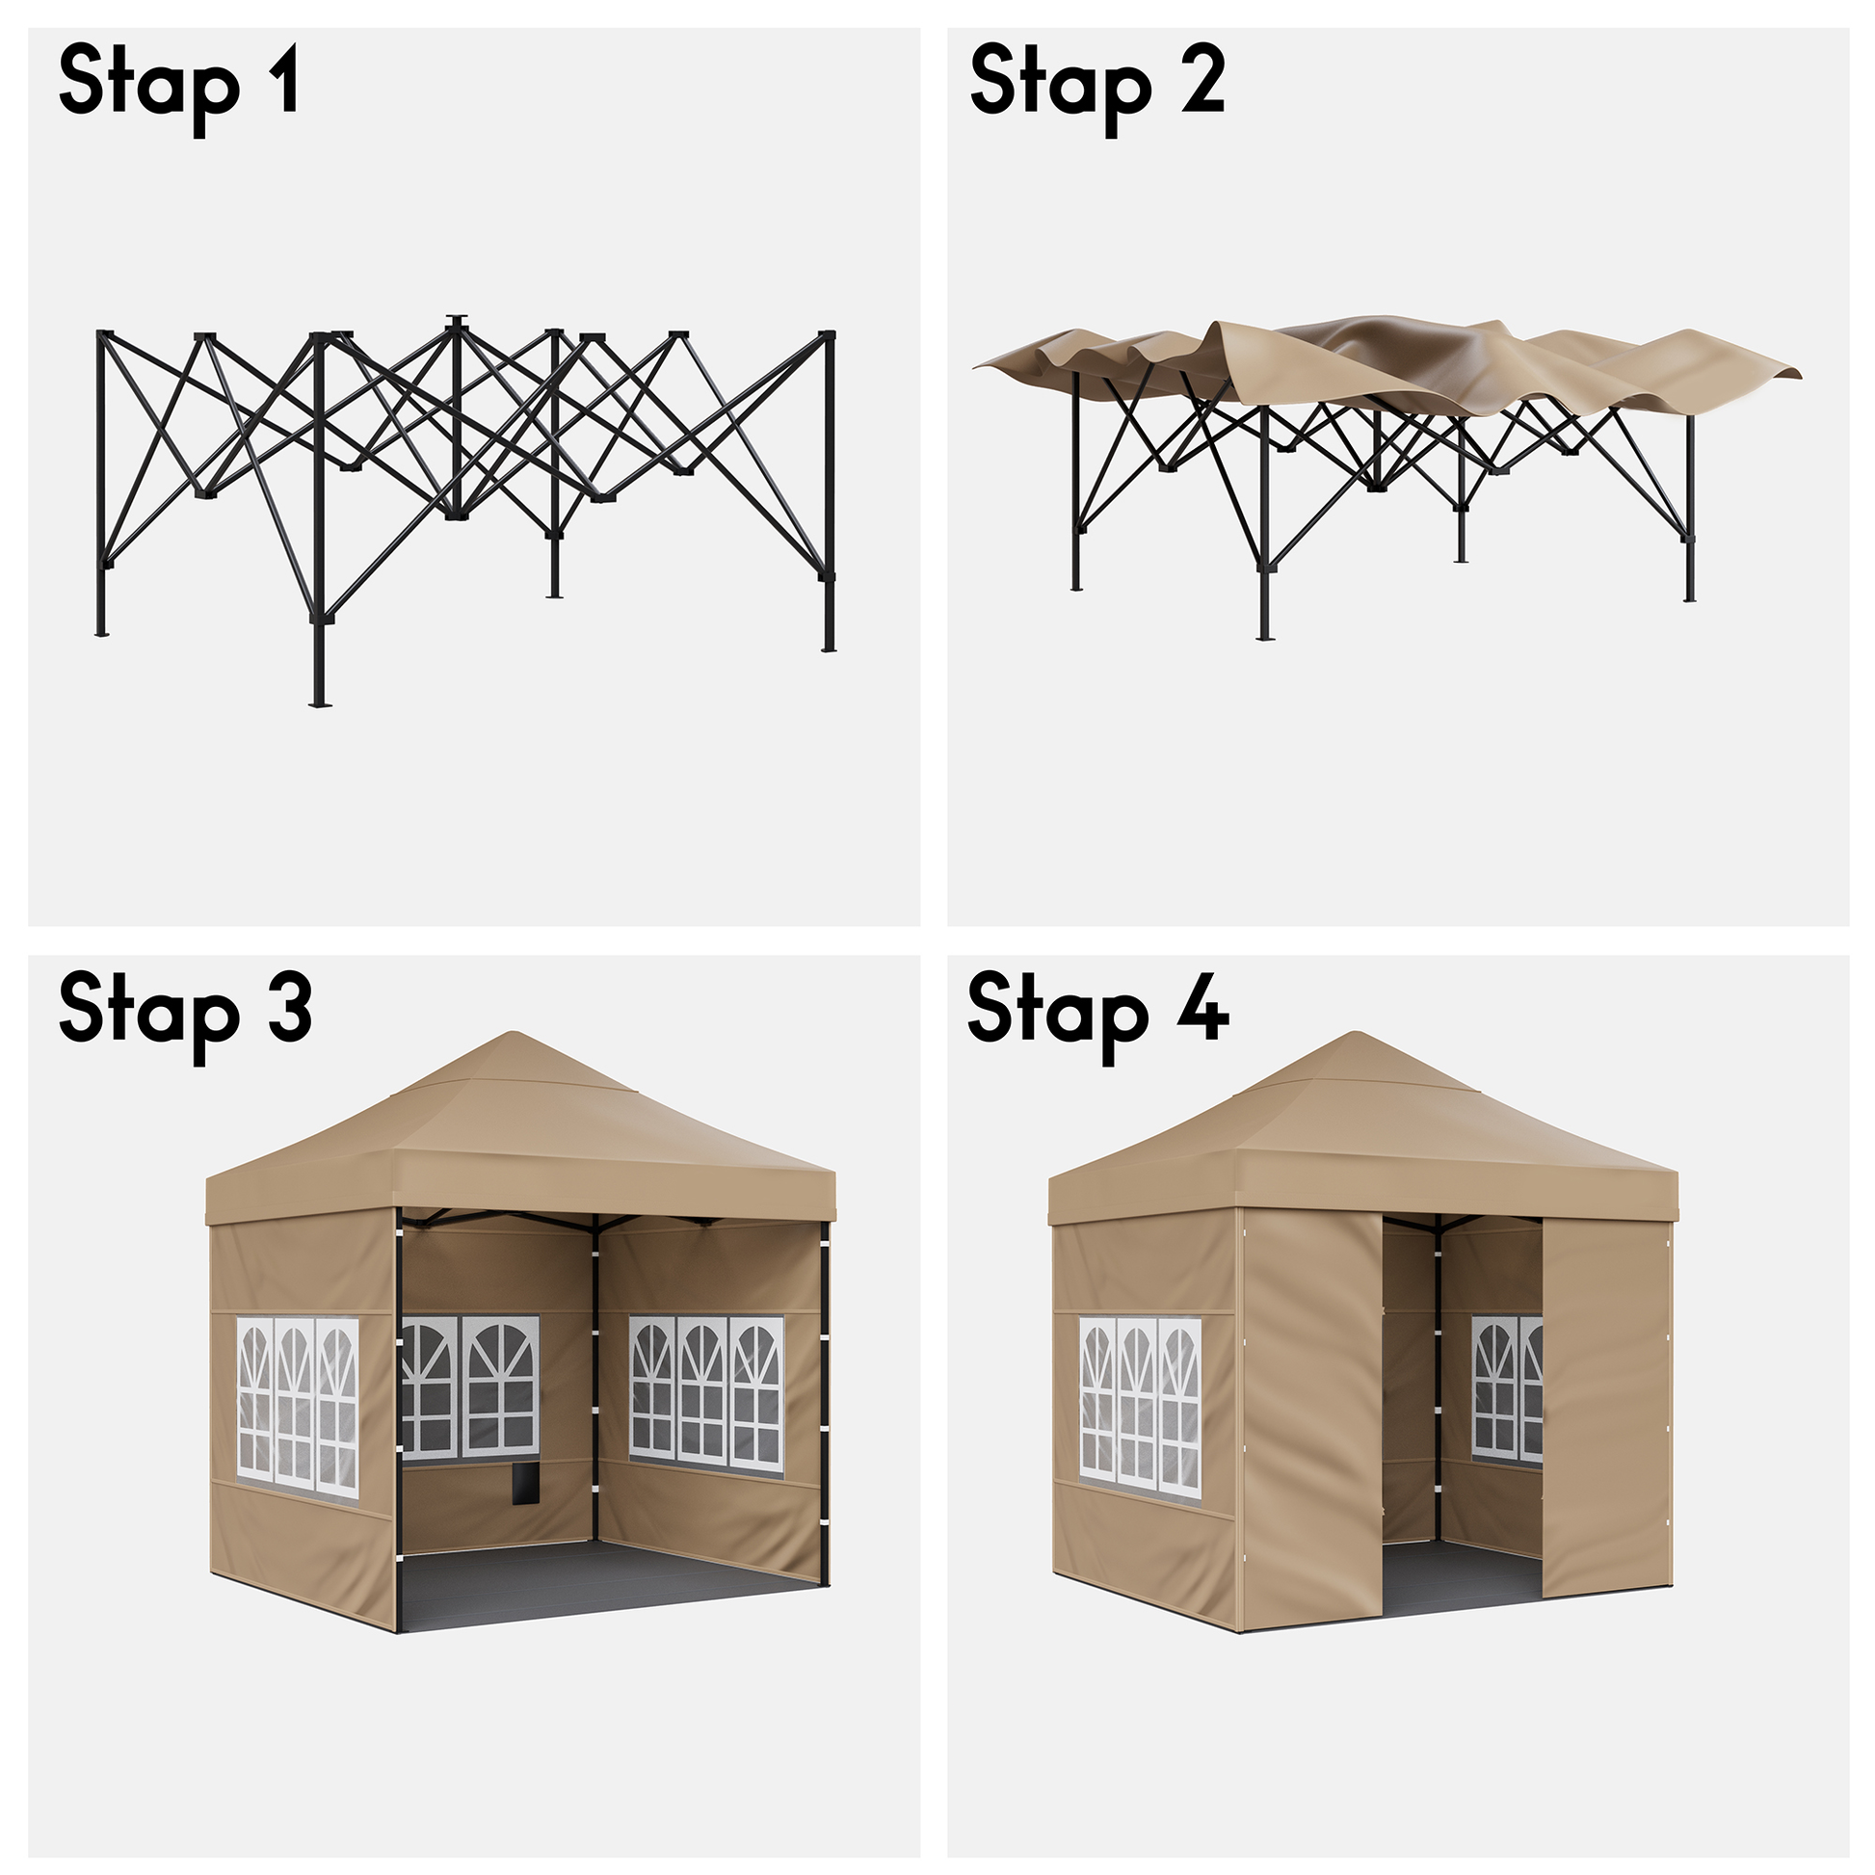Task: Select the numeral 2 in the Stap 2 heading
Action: click(1202, 80)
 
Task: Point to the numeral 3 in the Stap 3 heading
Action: click(288, 1010)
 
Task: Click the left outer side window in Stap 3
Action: click(298, 1407)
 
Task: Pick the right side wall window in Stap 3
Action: click(706, 1395)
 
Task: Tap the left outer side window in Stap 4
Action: click(1141, 1408)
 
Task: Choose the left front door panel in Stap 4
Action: click(1311, 1420)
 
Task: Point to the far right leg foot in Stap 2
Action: click(1690, 597)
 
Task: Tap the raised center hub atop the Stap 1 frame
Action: click(456, 321)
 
